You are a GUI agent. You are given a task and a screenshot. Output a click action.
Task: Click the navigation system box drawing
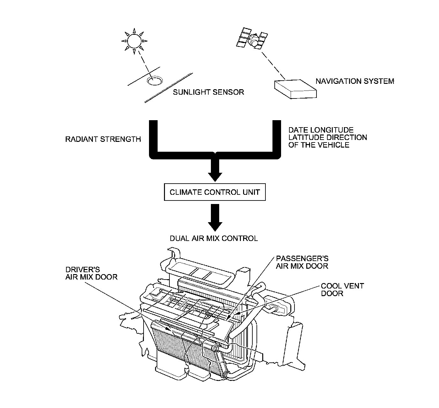tap(296, 88)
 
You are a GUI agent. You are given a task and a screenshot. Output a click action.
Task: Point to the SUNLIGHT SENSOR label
tap(208, 92)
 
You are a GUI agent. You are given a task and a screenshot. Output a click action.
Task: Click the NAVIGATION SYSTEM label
tap(355, 81)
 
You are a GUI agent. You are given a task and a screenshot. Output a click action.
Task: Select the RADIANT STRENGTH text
tap(103, 139)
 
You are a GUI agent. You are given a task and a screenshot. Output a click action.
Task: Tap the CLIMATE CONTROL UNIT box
tap(215, 192)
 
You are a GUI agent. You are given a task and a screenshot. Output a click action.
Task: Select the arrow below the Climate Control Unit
tap(215, 218)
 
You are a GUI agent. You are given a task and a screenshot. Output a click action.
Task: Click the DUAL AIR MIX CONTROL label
tap(213, 238)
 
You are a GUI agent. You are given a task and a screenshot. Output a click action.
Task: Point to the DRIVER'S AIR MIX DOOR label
tap(91, 273)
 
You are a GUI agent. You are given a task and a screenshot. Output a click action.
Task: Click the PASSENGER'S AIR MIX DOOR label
tap(302, 262)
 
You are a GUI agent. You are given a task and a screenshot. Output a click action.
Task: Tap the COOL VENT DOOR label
tap(342, 289)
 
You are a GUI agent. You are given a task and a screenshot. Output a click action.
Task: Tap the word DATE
tap(297, 130)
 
